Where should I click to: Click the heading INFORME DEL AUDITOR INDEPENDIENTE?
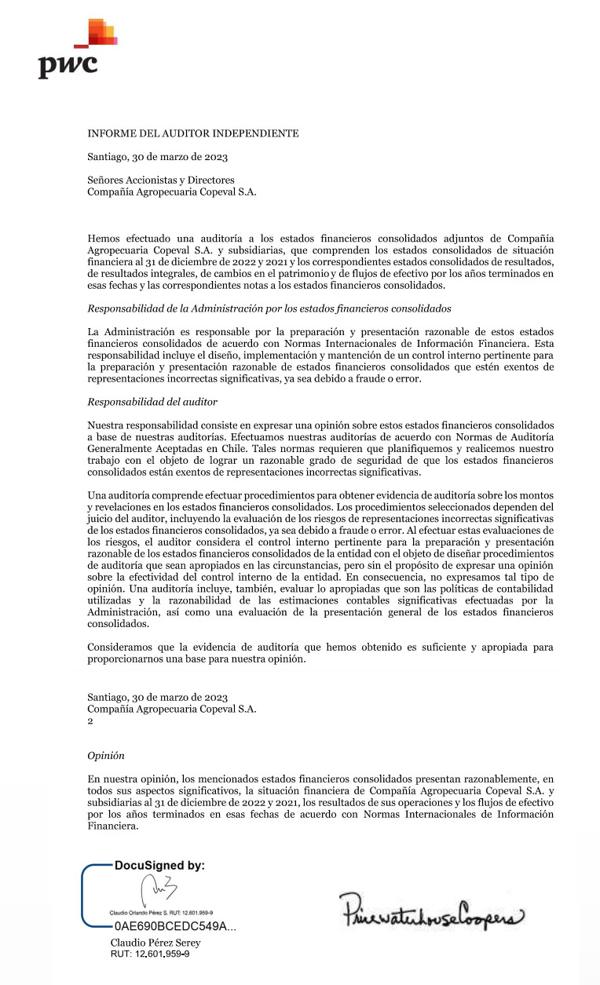tap(192, 133)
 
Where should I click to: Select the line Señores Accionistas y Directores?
tap(160, 180)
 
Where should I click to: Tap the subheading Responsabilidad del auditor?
tap(152, 401)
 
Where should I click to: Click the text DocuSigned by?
tap(159, 865)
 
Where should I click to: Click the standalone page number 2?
tap(90, 720)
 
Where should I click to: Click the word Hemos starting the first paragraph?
tap(104, 238)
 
